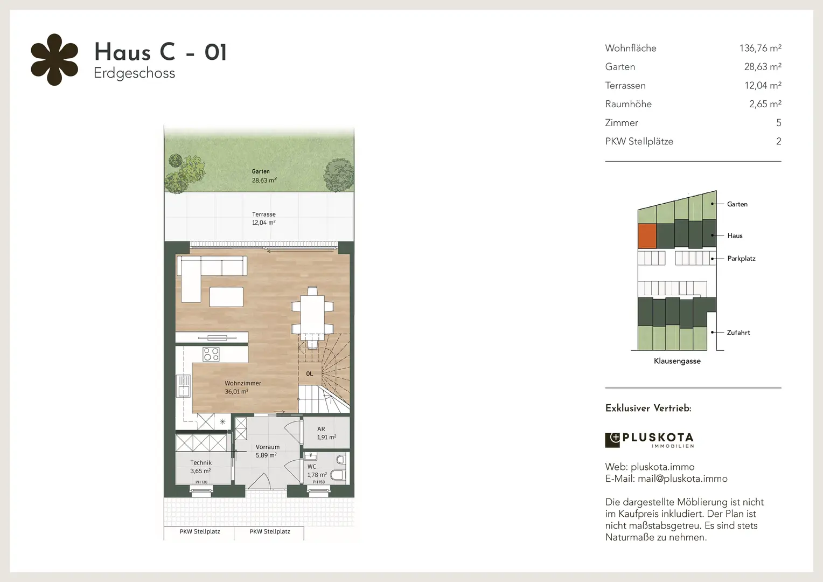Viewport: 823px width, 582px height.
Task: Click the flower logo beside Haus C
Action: [x=54, y=60]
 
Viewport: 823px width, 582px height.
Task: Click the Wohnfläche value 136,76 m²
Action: [x=760, y=48]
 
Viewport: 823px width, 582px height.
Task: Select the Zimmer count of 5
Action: [x=778, y=123]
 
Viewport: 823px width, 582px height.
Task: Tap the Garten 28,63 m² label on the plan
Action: [x=264, y=176]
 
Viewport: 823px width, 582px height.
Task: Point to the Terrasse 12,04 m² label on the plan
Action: [x=264, y=218]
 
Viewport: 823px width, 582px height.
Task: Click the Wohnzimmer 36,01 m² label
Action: [x=243, y=387]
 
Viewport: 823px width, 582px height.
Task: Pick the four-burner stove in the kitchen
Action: [x=211, y=354]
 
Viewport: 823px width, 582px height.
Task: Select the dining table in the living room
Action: [x=312, y=314]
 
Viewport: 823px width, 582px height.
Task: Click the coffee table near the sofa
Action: [x=226, y=297]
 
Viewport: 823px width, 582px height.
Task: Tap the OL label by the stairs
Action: [x=310, y=374]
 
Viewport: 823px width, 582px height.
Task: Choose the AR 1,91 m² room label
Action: [x=326, y=433]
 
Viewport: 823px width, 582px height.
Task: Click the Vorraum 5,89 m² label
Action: [x=267, y=451]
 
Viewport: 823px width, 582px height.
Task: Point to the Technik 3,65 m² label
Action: [x=200, y=467]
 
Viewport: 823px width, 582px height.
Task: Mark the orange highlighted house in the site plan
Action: [x=647, y=236]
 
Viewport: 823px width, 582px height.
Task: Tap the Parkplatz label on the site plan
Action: [x=741, y=259]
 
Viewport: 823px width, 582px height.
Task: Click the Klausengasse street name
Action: [x=677, y=361]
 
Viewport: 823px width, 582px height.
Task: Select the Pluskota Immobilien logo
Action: [x=650, y=440]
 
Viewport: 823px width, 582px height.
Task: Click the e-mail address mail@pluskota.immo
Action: [x=682, y=479]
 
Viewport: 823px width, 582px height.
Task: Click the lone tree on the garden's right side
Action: [x=338, y=175]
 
